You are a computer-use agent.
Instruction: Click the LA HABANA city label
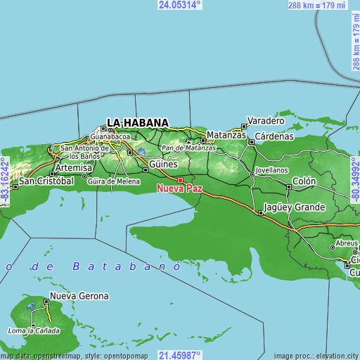[x=137, y=122]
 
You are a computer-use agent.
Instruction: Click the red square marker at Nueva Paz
[x=180, y=180]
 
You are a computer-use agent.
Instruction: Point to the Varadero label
[x=265, y=120]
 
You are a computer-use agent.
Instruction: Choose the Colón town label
[x=304, y=181]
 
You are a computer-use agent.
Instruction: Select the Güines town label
[x=162, y=164]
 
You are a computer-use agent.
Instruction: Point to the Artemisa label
[x=73, y=168]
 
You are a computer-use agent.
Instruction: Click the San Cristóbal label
[x=46, y=181]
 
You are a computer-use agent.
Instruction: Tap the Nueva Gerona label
[x=79, y=296]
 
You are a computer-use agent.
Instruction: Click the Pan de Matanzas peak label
[x=188, y=148]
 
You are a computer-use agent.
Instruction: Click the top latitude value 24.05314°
[x=180, y=4]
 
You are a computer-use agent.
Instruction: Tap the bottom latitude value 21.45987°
[x=180, y=355]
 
